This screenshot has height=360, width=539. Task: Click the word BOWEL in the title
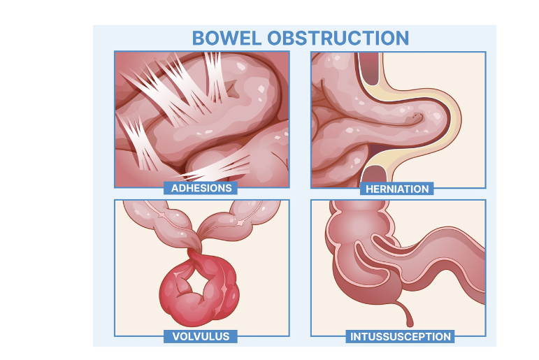[227, 38]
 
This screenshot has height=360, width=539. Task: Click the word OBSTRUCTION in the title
[338, 38]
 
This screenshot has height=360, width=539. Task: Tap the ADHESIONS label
[201, 188]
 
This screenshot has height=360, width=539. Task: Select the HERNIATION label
[397, 189]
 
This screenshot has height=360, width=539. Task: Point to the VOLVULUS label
[201, 336]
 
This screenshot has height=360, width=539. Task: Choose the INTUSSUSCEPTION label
[400, 337]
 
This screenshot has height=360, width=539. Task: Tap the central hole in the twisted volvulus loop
[193, 280]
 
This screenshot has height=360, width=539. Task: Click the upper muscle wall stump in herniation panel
[370, 68]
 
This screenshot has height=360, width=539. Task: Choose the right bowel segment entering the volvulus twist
[237, 220]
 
